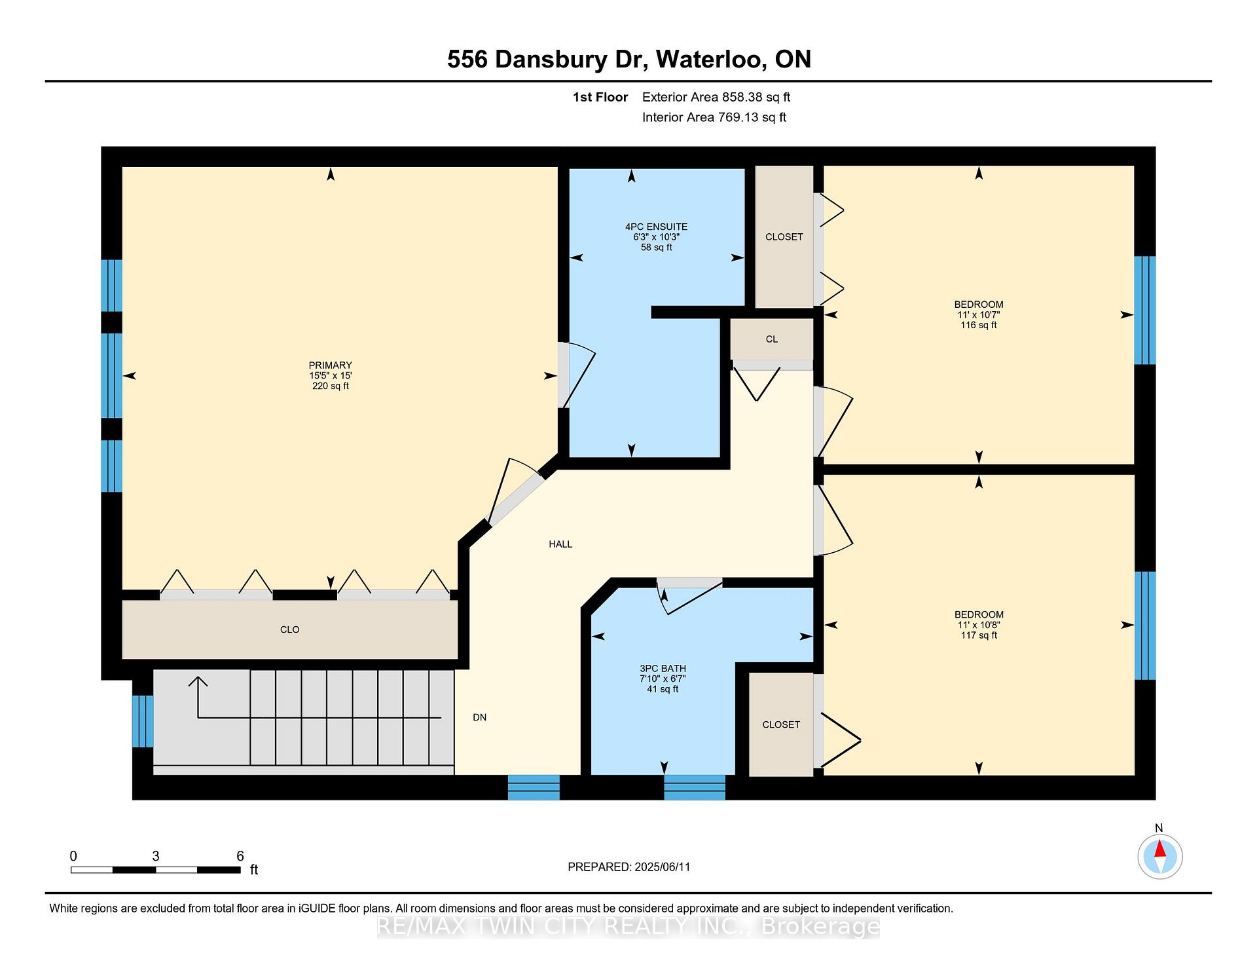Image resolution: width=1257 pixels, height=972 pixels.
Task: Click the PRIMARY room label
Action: click(x=331, y=365)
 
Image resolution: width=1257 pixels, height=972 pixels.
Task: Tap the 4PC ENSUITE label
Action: click(x=657, y=227)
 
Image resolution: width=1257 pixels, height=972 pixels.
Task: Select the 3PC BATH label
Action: click(x=663, y=668)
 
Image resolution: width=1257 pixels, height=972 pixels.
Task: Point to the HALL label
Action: click(x=560, y=544)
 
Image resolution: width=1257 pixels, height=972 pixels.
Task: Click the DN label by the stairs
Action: click(x=480, y=717)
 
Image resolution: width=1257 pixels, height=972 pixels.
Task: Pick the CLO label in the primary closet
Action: click(x=290, y=629)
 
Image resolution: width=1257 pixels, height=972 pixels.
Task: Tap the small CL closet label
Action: click(x=772, y=339)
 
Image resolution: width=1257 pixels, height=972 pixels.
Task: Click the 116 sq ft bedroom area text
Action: click(x=979, y=326)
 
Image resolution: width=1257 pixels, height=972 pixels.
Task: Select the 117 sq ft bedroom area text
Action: click(x=979, y=635)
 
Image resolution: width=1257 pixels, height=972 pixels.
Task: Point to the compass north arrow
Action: click(x=1159, y=850)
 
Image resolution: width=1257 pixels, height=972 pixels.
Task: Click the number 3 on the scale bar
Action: click(x=156, y=856)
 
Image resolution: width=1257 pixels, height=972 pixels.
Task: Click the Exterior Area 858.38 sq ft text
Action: click(x=716, y=98)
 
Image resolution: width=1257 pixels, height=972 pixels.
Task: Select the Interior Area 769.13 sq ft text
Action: click(x=714, y=117)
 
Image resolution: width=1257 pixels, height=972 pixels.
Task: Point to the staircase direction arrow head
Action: click(x=198, y=682)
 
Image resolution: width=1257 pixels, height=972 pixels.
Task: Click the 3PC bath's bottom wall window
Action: click(x=695, y=787)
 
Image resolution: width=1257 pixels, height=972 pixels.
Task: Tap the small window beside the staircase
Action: click(x=143, y=721)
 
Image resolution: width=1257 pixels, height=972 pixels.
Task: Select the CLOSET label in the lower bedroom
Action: click(x=781, y=724)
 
